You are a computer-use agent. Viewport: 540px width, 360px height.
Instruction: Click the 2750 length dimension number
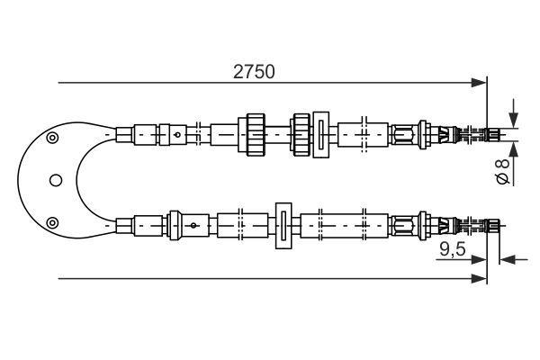tap(254, 72)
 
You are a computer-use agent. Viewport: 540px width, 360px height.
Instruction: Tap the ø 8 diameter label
tap(502, 171)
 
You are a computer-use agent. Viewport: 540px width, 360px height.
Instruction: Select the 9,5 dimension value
tap(453, 249)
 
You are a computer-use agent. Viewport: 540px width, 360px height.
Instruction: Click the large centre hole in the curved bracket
tap(56, 180)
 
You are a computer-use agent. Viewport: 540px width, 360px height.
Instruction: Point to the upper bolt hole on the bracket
tap(52, 138)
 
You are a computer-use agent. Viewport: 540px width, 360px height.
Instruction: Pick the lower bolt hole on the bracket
tap(52, 223)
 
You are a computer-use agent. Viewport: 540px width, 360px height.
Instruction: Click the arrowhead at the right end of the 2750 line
tap(480, 83)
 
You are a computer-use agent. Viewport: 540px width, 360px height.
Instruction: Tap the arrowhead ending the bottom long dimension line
tap(480, 278)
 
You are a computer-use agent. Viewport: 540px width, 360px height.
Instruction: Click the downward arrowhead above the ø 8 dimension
tap(514, 121)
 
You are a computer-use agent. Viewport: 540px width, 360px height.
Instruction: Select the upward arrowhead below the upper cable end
tap(514, 148)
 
